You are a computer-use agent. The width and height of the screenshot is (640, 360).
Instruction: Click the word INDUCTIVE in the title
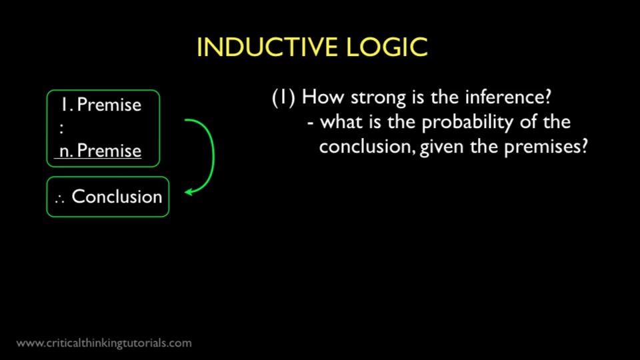[x=267, y=47]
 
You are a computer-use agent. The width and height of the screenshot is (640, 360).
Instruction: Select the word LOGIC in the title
[x=387, y=47]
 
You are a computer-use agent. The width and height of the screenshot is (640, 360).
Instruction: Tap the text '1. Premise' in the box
[x=101, y=105]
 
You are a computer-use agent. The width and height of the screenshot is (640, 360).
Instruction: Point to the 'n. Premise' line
[x=101, y=151]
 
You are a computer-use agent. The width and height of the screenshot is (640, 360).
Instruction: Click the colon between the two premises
[x=61, y=128]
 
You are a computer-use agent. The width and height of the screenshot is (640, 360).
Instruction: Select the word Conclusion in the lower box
[x=117, y=197]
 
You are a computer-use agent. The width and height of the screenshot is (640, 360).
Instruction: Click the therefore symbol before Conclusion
[x=59, y=199]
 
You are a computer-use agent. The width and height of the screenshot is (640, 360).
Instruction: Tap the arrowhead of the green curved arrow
[x=189, y=191]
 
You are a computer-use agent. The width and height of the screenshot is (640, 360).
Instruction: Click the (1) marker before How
[x=283, y=97]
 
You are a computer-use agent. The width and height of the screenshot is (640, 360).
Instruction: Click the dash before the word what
[x=311, y=123]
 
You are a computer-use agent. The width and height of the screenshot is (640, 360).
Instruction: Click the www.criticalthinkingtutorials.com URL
[x=104, y=343]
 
